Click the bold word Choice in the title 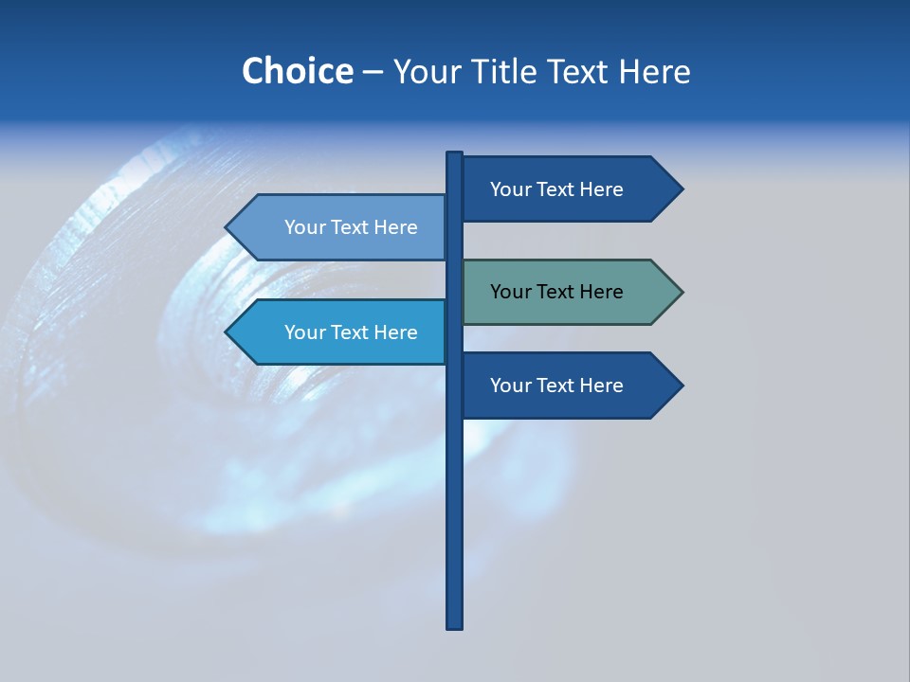pyautogui.click(x=297, y=71)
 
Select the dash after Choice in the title pyautogui.click(x=373, y=73)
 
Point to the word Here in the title pyautogui.click(x=654, y=71)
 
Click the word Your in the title pyautogui.click(x=428, y=71)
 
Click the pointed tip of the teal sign pyautogui.click(x=682, y=292)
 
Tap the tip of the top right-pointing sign pyautogui.click(x=682, y=188)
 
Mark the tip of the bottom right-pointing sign pyautogui.click(x=682, y=386)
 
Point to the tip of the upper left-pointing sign pyautogui.click(x=227, y=227)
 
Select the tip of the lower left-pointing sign pyautogui.click(x=227, y=332)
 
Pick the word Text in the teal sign pyautogui.click(x=555, y=292)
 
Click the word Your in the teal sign pyautogui.click(x=510, y=292)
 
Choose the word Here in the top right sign pyautogui.click(x=601, y=189)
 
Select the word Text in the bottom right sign pyautogui.click(x=555, y=386)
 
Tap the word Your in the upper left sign pyautogui.click(x=304, y=227)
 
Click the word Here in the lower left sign pyautogui.click(x=395, y=332)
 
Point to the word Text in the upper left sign pyautogui.click(x=350, y=227)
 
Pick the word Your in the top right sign pyautogui.click(x=510, y=189)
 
